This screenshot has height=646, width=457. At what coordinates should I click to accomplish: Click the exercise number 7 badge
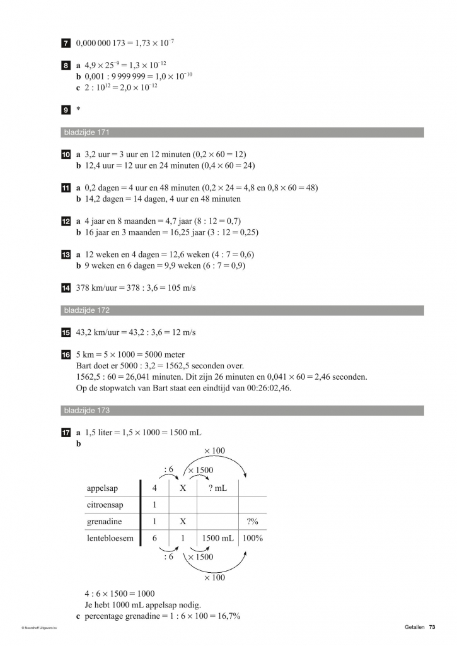coord(66,43)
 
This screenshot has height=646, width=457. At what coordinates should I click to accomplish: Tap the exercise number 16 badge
coord(66,355)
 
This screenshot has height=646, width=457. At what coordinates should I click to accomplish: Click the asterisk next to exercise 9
coord(78,110)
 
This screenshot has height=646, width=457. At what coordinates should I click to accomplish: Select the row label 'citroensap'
coord(105,505)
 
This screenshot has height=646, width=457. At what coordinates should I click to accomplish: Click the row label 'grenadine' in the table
coord(104,522)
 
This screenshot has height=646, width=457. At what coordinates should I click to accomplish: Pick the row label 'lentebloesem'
coord(109,538)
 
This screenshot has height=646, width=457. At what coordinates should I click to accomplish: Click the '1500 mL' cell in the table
coord(217,538)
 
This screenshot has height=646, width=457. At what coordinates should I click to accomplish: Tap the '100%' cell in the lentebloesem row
coord(252,538)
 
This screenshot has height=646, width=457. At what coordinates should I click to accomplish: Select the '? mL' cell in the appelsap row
coord(217,488)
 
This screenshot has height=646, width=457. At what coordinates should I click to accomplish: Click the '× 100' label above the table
coord(214,450)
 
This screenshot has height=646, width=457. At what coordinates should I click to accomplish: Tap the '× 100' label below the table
coord(214,577)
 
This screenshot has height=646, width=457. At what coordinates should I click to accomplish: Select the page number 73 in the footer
coord(432,626)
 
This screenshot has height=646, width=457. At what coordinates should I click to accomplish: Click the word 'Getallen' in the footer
coord(415,626)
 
